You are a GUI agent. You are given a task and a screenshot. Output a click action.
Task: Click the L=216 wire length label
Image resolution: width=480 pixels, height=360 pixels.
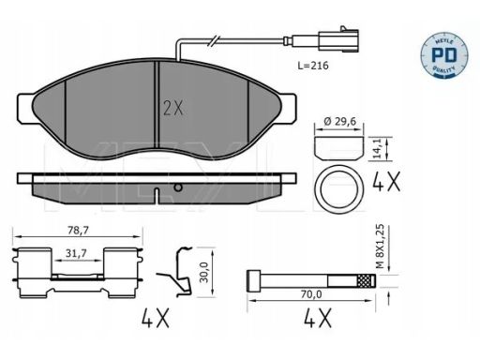[313, 66]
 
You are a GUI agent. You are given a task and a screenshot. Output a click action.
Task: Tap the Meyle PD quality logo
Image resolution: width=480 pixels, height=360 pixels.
[444, 55]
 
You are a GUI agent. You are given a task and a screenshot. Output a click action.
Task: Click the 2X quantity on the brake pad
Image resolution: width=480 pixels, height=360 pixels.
[173, 108]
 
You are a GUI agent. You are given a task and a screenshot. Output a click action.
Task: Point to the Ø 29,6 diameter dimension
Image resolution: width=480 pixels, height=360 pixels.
[340, 121]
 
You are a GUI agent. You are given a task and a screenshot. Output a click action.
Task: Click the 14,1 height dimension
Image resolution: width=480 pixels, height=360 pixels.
[379, 149]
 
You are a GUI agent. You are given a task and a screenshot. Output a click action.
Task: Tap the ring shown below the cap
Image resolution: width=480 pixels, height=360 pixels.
[339, 188]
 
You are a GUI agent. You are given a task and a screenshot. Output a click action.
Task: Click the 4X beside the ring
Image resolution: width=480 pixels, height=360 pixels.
[386, 182]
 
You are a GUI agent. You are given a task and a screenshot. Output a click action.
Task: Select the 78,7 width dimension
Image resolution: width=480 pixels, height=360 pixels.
[79, 231]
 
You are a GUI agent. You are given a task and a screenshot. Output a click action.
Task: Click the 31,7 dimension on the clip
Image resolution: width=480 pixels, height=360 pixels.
[76, 253]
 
